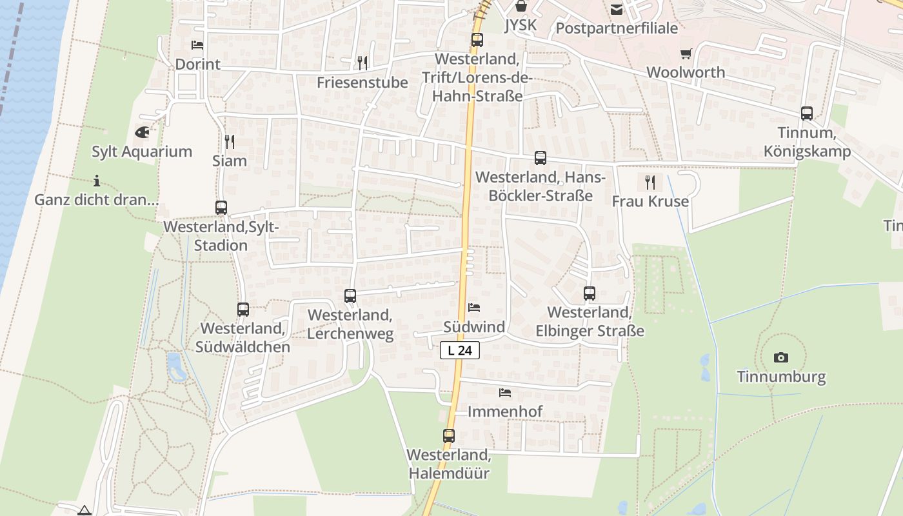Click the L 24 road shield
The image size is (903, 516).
461,350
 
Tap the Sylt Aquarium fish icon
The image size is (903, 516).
142,133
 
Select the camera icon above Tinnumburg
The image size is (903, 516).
781,357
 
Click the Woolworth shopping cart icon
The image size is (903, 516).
686,54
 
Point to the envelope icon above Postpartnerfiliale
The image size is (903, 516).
617,9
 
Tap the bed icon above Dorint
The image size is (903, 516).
197,45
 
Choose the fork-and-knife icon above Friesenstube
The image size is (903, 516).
362,63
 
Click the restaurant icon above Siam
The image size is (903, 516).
230,141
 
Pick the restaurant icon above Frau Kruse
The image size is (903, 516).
650,182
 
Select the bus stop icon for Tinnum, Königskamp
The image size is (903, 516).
807,114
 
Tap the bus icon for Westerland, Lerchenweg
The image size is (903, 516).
350,296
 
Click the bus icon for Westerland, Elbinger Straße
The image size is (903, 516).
590,293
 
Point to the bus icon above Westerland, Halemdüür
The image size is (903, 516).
449,436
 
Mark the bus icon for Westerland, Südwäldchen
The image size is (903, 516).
243,310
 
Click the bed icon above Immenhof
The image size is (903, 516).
505,392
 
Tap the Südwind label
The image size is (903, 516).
474,327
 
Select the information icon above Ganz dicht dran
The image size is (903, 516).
97,181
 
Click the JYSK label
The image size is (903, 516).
521,25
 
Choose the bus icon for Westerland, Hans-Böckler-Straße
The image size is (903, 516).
541,158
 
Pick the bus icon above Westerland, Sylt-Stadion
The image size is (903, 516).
221,208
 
